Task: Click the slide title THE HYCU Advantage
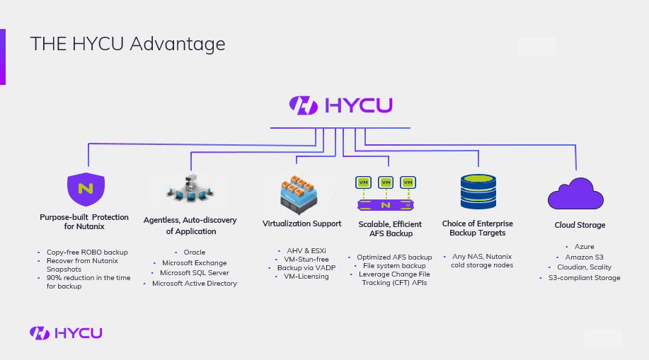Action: pyautogui.click(x=127, y=43)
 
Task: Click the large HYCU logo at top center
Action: pyautogui.click(x=340, y=105)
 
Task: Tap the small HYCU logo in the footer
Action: pyautogui.click(x=66, y=332)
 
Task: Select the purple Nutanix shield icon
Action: pyautogui.click(x=86, y=189)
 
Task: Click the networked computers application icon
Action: pyautogui.click(x=190, y=190)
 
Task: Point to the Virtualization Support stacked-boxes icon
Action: pyautogui.click(x=298, y=194)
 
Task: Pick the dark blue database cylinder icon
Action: pyautogui.click(x=478, y=192)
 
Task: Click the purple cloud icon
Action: pyautogui.click(x=575, y=194)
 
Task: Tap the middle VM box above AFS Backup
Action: pyautogui.click(x=386, y=182)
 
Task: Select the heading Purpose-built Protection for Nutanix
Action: pyautogui.click(x=84, y=221)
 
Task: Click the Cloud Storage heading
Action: pyautogui.click(x=580, y=225)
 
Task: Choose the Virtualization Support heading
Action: pyautogui.click(x=301, y=223)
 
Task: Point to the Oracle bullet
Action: pyautogui.click(x=194, y=252)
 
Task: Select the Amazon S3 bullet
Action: pyautogui.click(x=584, y=257)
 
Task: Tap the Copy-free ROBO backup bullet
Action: pyautogui.click(x=87, y=252)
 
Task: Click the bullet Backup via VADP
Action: pyautogui.click(x=306, y=268)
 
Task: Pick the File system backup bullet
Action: pyautogui.click(x=394, y=266)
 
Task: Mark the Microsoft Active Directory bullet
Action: pyautogui.click(x=194, y=283)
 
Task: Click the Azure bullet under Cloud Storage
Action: pyautogui.click(x=584, y=247)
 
